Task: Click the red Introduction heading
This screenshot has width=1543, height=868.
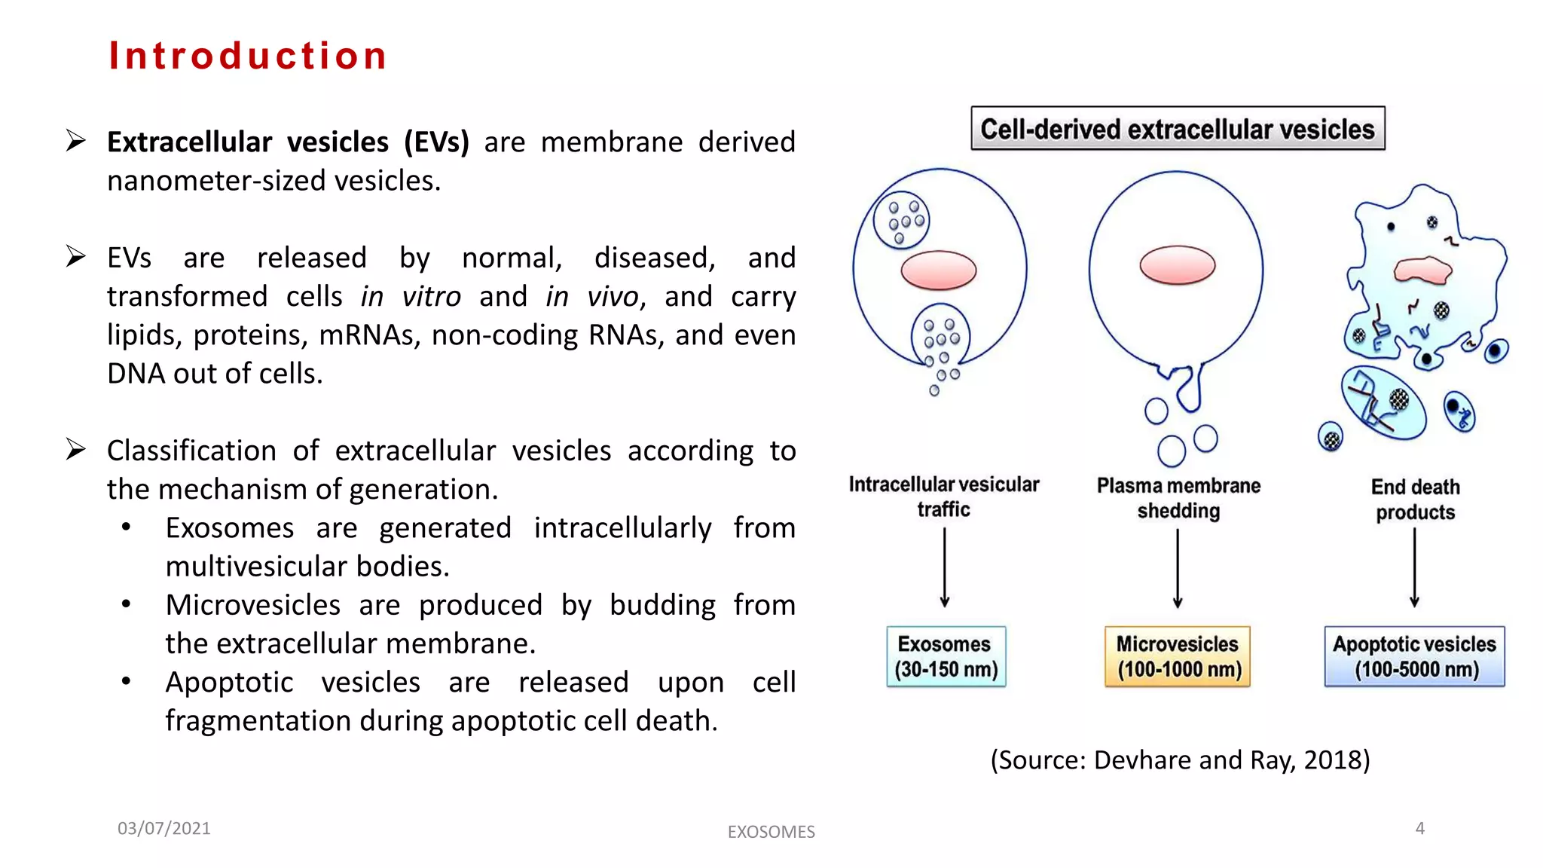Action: click(x=248, y=56)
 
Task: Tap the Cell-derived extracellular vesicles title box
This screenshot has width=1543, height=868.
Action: click(x=1177, y=129)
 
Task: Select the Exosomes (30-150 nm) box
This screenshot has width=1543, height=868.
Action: click(x=946, y=656)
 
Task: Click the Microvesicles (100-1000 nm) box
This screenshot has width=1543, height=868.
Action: click(x=1178, y=656)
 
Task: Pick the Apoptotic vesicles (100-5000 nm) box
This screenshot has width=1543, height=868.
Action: click(x=1414, y=656)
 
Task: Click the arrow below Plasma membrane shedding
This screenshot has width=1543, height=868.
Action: click(x=1178, y=569)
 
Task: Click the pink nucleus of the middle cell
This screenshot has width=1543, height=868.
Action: click(x=1177, y=265)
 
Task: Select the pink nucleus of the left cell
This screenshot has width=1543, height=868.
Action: click(x=939, y=270)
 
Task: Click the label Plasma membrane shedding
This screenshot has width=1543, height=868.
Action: click(x=1178, y=498)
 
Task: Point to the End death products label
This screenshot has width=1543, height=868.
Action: click(x=1415, y=500)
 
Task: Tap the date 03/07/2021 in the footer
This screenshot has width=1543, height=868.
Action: click(x=164, y=828)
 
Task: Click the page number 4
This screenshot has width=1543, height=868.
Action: click(x=1419, y=828)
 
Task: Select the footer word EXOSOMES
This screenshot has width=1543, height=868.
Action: click(x=771, y=832)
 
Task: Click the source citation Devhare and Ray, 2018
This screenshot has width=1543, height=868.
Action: click(x=1180, y=759)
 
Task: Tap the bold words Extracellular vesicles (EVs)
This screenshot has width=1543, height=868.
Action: click(x=288, y=142)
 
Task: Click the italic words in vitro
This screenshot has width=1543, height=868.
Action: click(x=411, y=296)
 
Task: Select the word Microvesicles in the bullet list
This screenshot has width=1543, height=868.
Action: click(x=253, y=605)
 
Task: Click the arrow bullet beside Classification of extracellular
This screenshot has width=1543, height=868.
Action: click(x=75, y=449)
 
